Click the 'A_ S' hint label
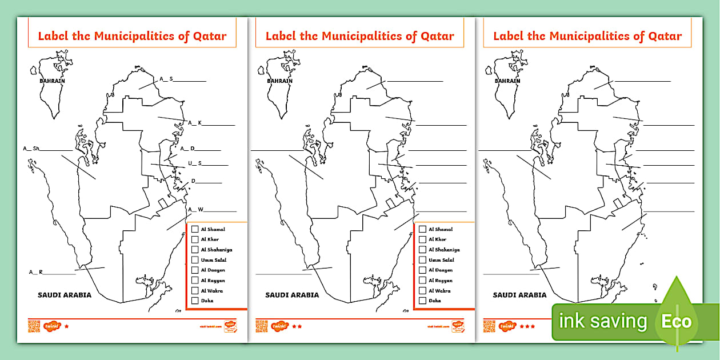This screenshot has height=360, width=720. point(166,79)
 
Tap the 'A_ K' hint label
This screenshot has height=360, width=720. point(195,122)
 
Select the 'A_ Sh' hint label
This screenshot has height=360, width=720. point(31,149)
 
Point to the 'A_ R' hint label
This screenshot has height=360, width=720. point(36,272)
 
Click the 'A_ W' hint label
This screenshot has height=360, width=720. point(195,210)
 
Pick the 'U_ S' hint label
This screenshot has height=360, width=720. point(195,163)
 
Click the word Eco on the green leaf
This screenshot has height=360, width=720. point(677,321)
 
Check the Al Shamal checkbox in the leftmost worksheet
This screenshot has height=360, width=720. point(195,229)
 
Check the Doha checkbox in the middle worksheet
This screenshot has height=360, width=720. point(422,301)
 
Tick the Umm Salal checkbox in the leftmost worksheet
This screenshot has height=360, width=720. point(195,260)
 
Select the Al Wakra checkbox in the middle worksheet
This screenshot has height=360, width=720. point(422,291)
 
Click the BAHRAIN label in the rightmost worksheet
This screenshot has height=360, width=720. point(507,81)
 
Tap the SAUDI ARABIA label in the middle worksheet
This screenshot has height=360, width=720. point(292,295)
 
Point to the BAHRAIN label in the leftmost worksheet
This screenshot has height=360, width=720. point(52,81)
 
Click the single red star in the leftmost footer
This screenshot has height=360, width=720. point(67,326)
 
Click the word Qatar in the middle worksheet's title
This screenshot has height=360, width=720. point(437,36)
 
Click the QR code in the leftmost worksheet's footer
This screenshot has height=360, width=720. point(34,326)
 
